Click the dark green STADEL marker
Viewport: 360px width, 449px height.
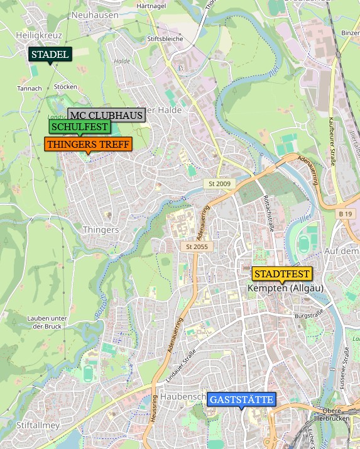click(x=50, y=55)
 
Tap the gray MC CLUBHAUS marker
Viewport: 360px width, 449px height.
click(x=106, y=115)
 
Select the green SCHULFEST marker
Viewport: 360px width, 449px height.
click(x=80, y=127)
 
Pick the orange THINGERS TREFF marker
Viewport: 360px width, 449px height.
click(x=88, y=145)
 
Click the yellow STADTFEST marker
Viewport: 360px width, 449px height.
click(x=282, y=274)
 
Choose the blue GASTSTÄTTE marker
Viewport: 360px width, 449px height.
click(x=241, y=400)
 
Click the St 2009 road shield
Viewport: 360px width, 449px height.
click(x=218, y=184)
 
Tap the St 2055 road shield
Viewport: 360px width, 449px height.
click(x=196, y=247)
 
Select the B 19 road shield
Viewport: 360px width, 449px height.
click(x=345, y=214)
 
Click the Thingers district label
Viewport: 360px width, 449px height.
click(x=101, y=230)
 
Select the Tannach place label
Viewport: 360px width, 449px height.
click(x=29, y=89)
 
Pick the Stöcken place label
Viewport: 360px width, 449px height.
click(x=66, y=87)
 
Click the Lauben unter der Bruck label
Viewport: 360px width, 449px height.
click(x=47, y=322)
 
